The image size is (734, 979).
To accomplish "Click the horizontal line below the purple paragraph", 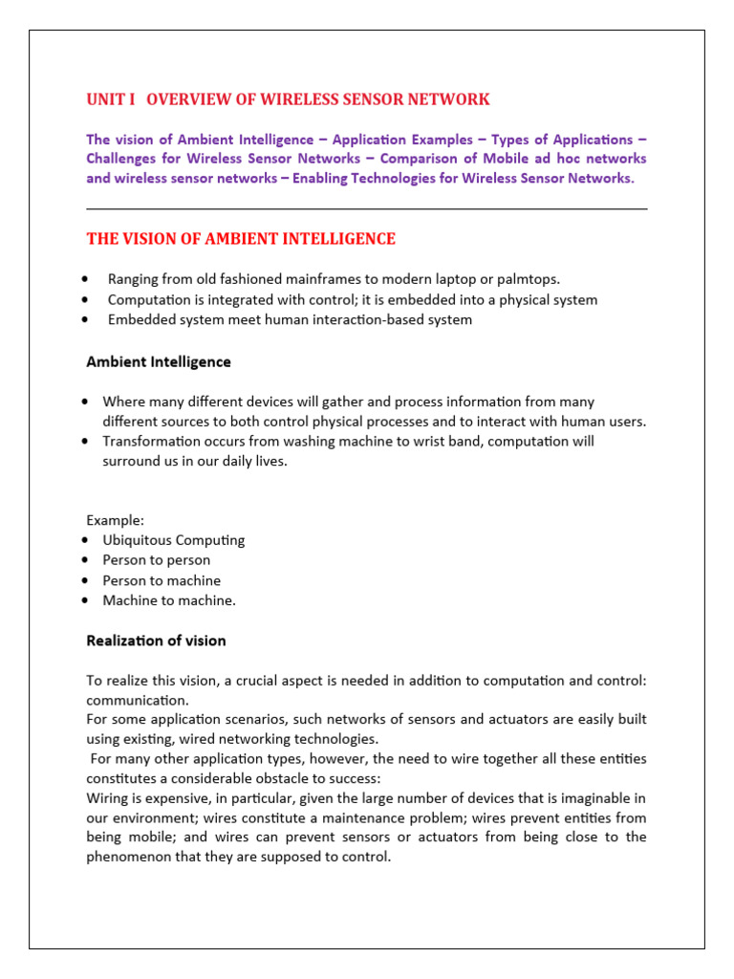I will (x=366, y=208).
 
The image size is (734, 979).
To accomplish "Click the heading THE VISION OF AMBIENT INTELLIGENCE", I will (x=241, y=239).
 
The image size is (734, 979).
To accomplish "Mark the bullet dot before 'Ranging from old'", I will (x=87, y=279).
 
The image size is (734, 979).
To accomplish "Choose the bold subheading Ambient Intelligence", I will (x=159, y=362).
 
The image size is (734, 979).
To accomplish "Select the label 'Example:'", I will (x=116, y=520).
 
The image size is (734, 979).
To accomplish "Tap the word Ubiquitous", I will (x=140, y=540).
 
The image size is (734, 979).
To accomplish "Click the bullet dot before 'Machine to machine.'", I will (x=87, y=600).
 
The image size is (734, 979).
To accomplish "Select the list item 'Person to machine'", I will (x=162, y=580).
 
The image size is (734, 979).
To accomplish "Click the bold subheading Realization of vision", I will (x=156, y=641).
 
